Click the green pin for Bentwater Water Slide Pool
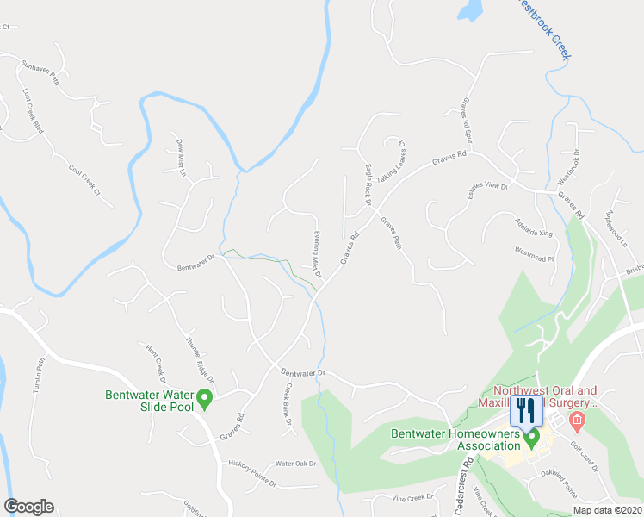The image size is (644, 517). pos(205,400)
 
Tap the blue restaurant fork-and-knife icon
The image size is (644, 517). pos(526,410)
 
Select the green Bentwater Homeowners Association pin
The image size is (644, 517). pos(532,439)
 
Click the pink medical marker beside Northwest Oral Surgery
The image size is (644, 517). pos(577,422)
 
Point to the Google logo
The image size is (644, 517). pos(28,507)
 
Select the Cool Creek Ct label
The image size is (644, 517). pos(84,175)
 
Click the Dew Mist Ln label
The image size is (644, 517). pos(181,158)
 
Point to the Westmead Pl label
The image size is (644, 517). pos(532,253)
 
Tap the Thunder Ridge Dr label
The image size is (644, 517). pos(199,360)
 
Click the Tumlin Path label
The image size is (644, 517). pos(38,376)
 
